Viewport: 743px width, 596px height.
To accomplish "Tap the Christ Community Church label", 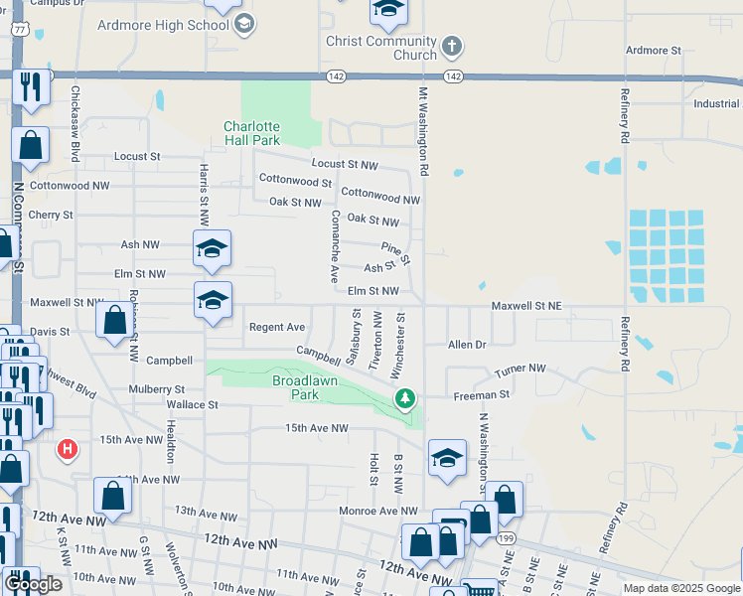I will pos(381,48).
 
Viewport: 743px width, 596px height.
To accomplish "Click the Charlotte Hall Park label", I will pos(251,133).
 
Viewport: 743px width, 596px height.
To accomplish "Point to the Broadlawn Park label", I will pos(295,387).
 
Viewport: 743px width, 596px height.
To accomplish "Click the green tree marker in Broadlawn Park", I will pos(404,399).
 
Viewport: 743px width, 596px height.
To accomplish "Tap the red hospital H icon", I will pos(68,450).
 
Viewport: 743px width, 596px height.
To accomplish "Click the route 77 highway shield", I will pos(18,30).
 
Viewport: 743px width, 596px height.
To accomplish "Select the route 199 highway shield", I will pos(507,537).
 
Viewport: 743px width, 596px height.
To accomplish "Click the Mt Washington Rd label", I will pos(422,131).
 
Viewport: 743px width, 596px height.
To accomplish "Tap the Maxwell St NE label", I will pos(526,307).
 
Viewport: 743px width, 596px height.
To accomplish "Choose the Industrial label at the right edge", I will pos(716,103).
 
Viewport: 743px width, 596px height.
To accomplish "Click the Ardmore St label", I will pos(653,50).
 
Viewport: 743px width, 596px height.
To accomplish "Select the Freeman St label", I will pos(481,394).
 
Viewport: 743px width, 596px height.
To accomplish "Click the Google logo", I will pos(33,584).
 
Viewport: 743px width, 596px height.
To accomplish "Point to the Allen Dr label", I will pos(467,345).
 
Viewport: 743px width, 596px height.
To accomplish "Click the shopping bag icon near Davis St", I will pos(114,321).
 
